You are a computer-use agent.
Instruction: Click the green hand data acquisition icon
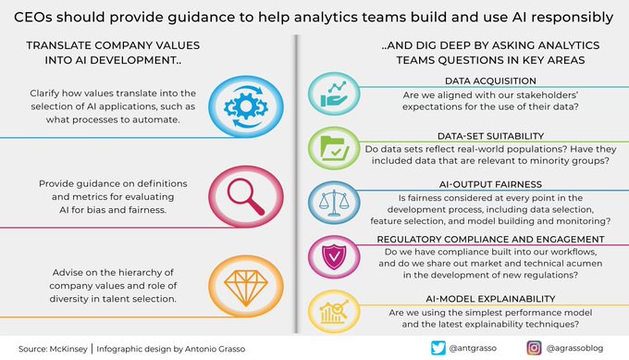coord(331,97)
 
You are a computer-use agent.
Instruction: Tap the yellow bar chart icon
coord(331,306)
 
